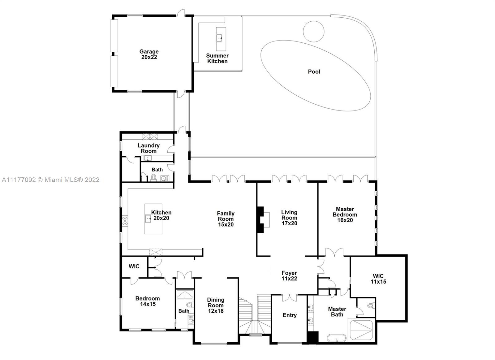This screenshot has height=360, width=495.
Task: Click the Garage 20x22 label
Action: (149, 54)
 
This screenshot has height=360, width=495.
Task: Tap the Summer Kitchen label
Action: (217, 59)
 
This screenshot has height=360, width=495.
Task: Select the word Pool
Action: (314, 72)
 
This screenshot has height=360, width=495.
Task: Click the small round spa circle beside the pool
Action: (314, 31)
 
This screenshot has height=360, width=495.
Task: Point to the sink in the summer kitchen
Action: (219, 38)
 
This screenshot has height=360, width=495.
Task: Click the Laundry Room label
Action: (148, 148)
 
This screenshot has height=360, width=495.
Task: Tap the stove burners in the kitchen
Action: (125, 221)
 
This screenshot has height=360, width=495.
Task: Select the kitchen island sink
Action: (148, 219)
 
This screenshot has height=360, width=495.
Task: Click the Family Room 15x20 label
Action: (226, 219)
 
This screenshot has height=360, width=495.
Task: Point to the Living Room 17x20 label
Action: (289, 218)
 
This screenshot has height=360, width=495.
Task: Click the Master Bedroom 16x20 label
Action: (345, 215)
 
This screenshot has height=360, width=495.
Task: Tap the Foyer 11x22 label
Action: (289, 276)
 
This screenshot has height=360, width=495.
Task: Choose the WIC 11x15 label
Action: (378, 279)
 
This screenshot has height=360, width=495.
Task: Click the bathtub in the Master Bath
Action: (336, 338)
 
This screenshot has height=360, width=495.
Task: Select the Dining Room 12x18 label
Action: (216, 306)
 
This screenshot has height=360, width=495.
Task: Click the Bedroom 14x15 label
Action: (148, 301)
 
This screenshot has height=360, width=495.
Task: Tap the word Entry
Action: (290, 315)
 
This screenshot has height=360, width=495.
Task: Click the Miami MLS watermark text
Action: (51, 180)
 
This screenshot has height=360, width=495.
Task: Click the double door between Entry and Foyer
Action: (290, 298)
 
